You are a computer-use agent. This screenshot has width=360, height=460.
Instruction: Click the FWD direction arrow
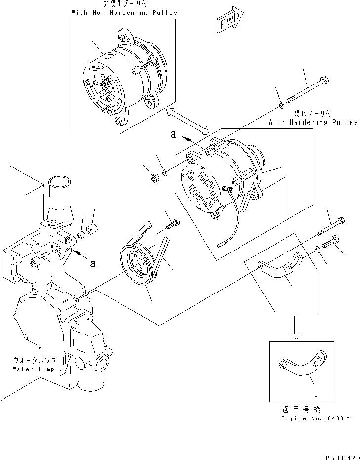pos(228,21)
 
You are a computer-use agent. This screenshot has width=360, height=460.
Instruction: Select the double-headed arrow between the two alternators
pos(188,121)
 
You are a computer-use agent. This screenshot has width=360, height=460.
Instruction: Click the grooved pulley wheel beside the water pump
pos(136,267)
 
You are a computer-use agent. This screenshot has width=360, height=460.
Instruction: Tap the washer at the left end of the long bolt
pos(280,104)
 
